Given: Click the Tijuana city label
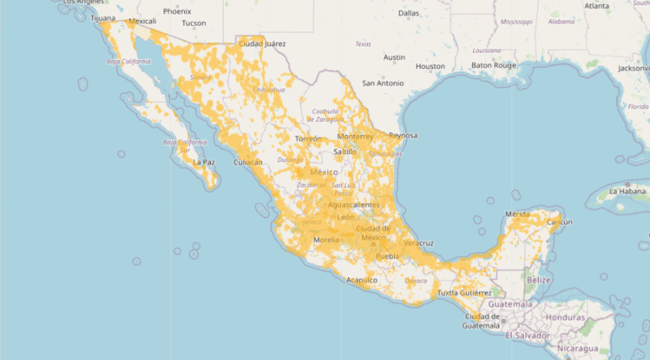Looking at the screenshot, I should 104,18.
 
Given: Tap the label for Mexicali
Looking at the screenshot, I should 143,21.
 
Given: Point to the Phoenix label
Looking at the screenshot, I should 177,11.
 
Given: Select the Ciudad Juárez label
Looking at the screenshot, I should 262,44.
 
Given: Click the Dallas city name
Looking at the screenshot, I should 409,13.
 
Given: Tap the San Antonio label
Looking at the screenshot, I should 383,83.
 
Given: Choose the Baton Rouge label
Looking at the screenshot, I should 493,65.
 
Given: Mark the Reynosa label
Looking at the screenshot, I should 403,136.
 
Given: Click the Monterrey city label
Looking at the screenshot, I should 355,137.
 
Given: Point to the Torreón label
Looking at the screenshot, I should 308,139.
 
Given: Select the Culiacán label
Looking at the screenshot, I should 248,161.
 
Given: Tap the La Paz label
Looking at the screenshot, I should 204,161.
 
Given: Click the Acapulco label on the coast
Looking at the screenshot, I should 362,280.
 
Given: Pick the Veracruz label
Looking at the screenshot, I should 419,243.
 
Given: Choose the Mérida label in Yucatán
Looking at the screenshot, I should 517,214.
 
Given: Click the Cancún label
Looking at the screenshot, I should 559,222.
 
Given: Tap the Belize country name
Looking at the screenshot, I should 539,279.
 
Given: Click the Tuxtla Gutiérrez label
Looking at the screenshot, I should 464,293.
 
